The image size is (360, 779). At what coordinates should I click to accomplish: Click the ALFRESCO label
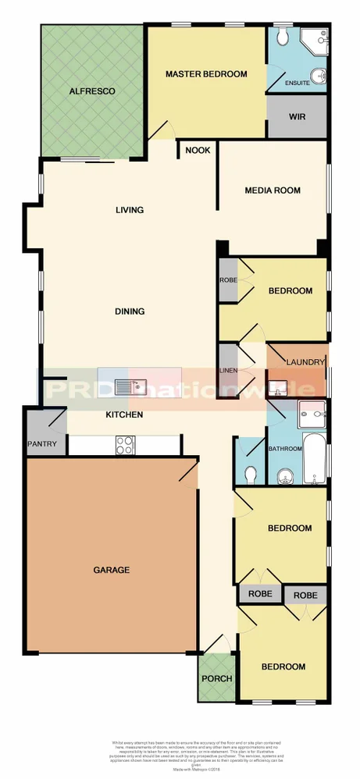click(x=92, y=91)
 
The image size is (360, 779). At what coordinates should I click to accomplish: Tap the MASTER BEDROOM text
click(x=206, y=74)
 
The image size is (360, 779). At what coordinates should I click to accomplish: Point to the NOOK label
click(x=198, y=150)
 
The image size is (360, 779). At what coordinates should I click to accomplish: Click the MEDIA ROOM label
click(x=273, y=190)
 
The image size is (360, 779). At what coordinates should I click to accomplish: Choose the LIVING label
click(x=130, y=210)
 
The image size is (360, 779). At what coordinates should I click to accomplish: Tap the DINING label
click(x=130, y=311)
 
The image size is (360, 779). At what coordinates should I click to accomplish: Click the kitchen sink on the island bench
click(x=127, y=384)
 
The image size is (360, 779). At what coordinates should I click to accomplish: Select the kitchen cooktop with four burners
click(x=125, y=445)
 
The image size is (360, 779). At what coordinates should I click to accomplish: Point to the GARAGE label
click(x=112, y=570)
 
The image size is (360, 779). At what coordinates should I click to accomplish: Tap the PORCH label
click(x=217, y=678)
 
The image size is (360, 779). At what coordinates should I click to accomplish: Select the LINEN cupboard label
click(x=228, y=370)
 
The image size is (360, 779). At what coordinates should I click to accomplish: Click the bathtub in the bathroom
click(x=315, y=460)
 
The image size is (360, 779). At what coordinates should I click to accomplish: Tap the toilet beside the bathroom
click(x=251, y=474)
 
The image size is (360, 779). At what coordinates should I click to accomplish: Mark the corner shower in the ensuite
click(x=315, y=39)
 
